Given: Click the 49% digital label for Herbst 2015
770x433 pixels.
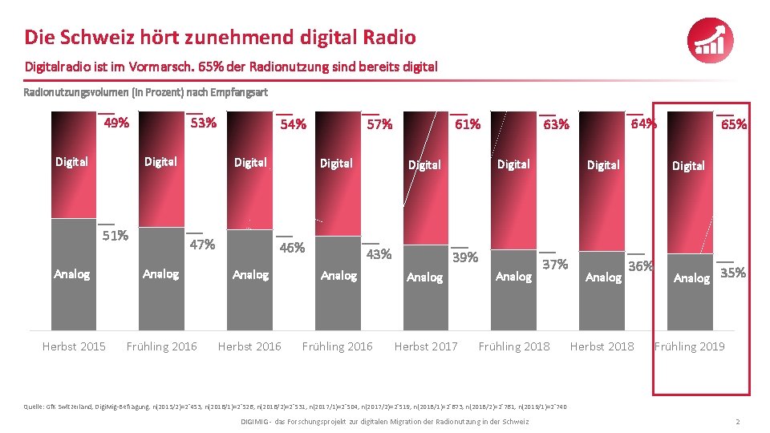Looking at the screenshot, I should point(117,123).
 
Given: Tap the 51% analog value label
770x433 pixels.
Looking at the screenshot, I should point(117,235).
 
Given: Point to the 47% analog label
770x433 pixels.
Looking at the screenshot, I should point(202,245).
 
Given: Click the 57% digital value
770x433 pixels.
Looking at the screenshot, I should point(379,124).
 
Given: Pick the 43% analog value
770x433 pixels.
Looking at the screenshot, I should point(379,254).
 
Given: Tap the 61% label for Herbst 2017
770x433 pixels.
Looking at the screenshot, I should point(468,124).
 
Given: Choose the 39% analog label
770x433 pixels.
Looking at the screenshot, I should point(465,257).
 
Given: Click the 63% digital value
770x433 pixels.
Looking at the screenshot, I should point(556,124).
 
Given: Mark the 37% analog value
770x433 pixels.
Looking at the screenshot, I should point(555,264).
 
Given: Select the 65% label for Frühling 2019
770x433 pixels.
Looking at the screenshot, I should point(734,124).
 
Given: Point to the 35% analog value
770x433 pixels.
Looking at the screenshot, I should point(733,273).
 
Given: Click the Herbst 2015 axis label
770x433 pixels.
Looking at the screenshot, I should point(74,346).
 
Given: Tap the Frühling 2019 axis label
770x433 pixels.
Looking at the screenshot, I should point(689,346).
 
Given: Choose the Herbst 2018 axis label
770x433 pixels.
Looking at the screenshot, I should point(602,346).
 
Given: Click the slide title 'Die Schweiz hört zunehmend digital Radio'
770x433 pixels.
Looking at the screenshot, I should point(220,37).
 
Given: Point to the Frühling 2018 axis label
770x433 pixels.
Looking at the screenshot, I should point(514,346).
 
